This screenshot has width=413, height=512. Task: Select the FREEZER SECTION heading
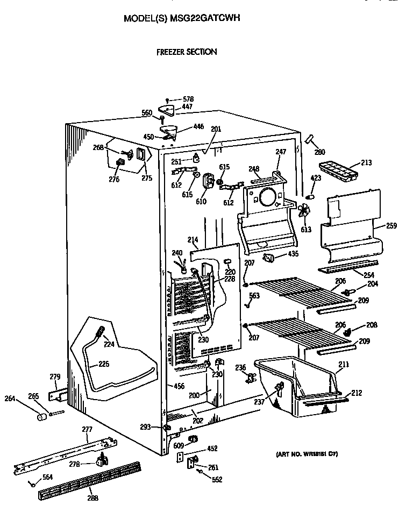coord(187,52)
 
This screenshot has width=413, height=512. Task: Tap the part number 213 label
coord(366,162)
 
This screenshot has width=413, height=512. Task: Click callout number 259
coord(391,226)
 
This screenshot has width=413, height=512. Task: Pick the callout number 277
coord(87,429)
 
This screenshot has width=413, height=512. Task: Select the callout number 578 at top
coord(188,99)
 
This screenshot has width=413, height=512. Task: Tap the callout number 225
coord(104,364)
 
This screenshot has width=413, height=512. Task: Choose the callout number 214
coord(192,240)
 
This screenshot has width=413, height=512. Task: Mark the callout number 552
coord(217,480)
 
